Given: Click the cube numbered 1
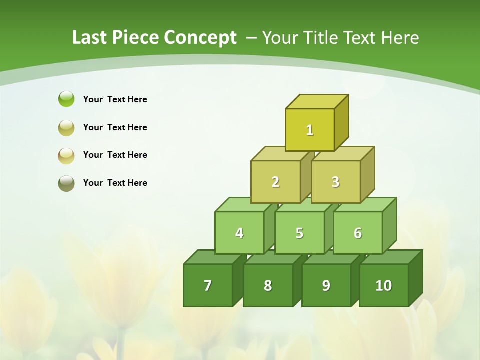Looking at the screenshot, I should point(310,130).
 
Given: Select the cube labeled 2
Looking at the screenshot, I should point(275,182).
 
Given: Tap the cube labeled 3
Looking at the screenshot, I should point(335,182).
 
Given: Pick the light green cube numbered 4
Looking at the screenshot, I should point(239,233).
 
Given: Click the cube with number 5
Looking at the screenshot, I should point(299,233).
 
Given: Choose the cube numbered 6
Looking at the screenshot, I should point(358,233).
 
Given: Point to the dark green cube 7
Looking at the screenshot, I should point(208,285).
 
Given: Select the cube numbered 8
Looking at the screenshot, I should point(268,285).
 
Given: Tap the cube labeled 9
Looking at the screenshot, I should point(326,285).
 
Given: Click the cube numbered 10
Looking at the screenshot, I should point(384,285).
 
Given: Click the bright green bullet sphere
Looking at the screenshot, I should point(66,99).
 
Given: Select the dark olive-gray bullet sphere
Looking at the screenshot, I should point(66,183).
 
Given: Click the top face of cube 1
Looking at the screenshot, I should point(316,101).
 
